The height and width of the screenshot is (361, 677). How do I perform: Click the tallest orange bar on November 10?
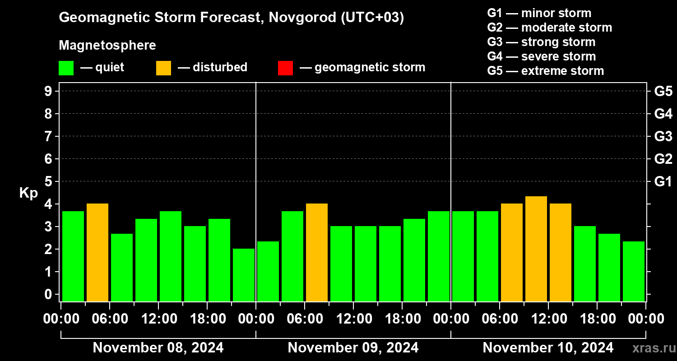pos(536,249)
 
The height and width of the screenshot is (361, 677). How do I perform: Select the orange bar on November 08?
pos(97,253)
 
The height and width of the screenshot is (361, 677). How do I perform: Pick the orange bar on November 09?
pos(317,253)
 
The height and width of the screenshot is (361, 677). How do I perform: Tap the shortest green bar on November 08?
pos(244,275)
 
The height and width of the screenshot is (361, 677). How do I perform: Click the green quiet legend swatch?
pos(66,68)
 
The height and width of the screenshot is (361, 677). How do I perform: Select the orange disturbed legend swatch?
pos(163,68)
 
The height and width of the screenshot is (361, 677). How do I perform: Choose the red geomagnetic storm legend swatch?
pos(285,68)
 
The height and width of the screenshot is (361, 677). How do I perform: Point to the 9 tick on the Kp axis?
pos(48,91)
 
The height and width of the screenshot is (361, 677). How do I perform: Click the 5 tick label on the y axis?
pos(48,181)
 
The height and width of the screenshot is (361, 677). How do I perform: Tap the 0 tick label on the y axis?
pos(48,294)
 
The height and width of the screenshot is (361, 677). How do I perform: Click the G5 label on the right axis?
pos(663,91)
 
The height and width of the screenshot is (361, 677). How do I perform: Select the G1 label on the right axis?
pos(663,181)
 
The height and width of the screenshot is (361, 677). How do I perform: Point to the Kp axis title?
pos(28,193)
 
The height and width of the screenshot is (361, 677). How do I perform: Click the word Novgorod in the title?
pos(302,18)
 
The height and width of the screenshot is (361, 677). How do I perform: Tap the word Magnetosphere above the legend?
pos(107,45)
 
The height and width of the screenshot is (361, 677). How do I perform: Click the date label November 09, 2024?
pos(353,348)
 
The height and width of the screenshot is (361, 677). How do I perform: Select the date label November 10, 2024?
pos(548,348)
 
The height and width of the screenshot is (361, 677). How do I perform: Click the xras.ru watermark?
pos(654,348)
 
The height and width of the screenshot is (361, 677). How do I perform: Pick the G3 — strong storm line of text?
pos(541,42)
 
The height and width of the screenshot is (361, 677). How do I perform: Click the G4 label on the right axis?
pos(663,114)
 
